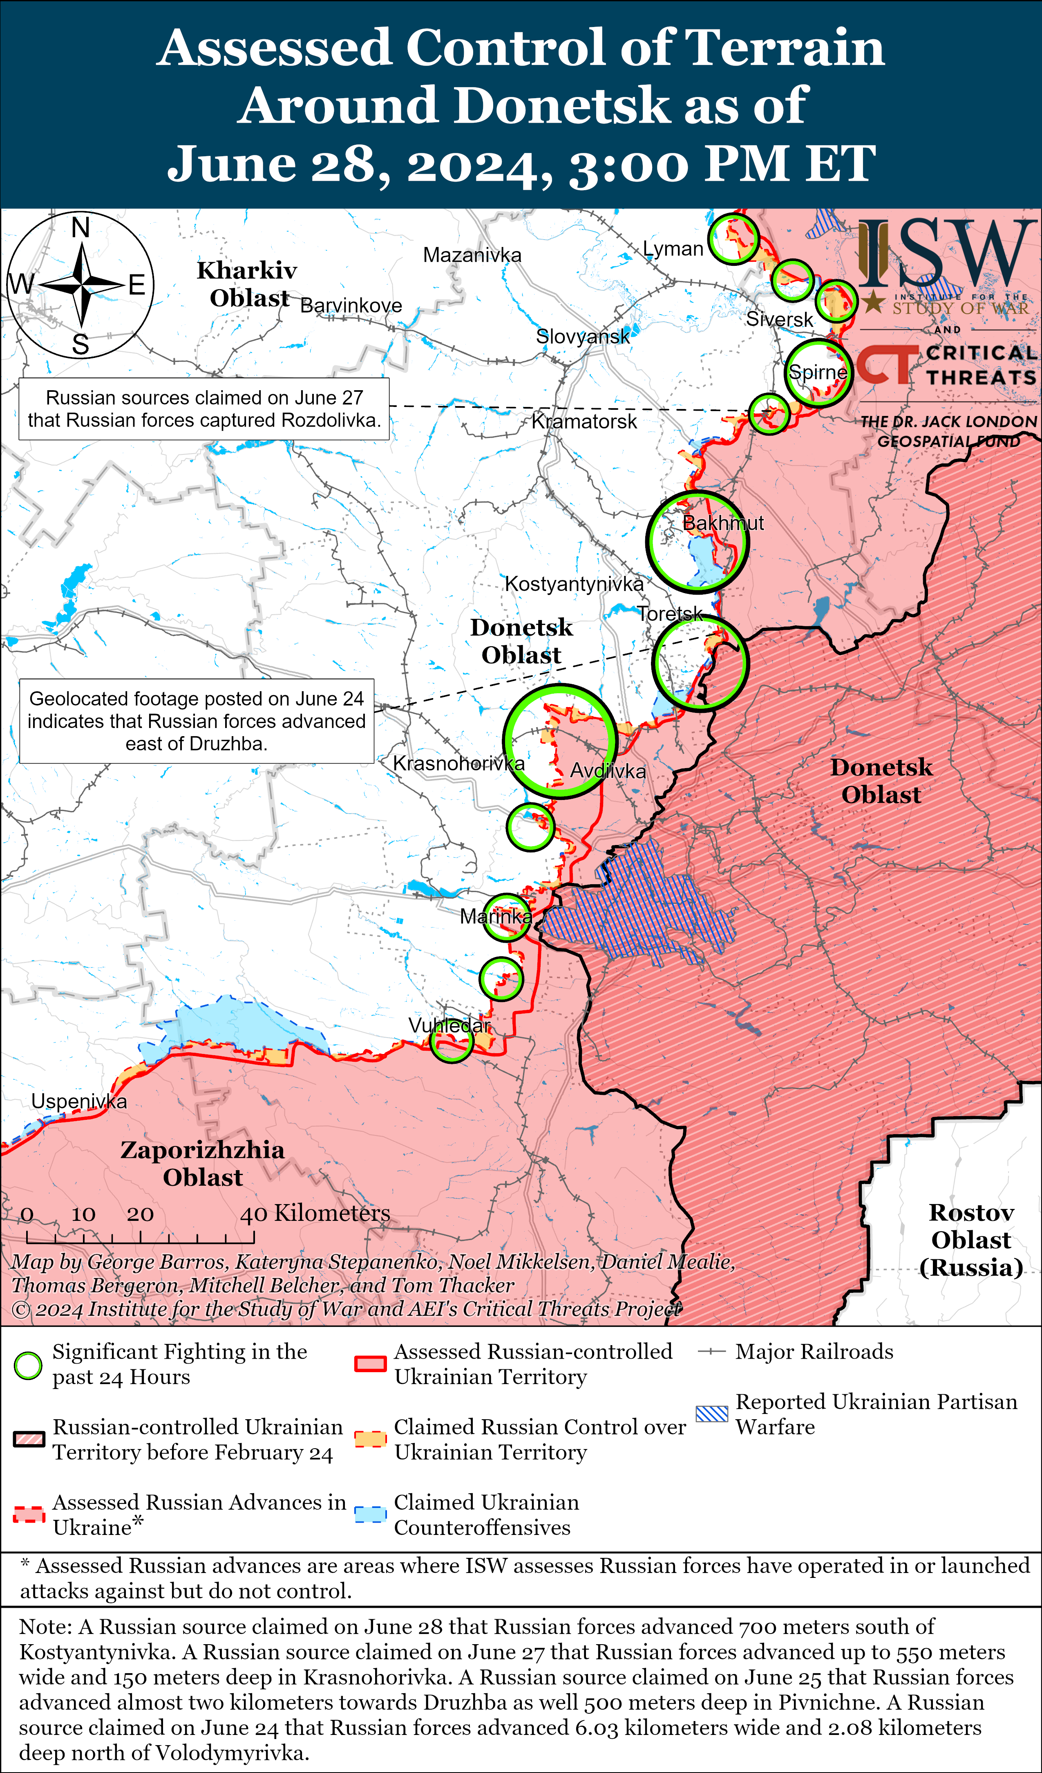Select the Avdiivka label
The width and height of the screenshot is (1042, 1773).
608,771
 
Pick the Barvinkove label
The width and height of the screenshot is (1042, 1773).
351,306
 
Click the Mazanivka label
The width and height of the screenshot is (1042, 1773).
472,255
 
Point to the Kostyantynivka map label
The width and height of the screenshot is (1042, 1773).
574,584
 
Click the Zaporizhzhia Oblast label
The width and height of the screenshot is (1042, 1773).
203,1163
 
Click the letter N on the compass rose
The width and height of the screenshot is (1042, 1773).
81,228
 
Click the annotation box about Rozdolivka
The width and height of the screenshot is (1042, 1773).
204,409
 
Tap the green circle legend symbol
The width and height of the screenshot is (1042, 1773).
28,1366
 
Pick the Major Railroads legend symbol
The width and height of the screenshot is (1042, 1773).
711,1352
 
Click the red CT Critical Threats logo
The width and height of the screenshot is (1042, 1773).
887,364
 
